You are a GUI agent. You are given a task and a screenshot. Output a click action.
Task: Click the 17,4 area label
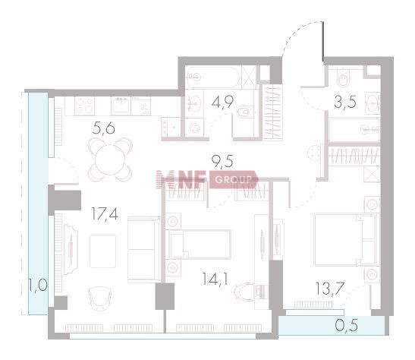105,214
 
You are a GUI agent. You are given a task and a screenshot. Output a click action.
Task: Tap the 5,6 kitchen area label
104,129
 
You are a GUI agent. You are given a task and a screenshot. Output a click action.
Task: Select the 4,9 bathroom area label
222,102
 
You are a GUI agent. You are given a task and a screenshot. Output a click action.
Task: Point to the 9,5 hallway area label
222,161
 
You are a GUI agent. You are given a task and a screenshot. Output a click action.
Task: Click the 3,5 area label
345,102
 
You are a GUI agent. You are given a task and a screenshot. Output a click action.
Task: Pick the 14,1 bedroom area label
215,279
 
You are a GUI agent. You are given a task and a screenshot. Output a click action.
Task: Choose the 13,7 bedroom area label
330,288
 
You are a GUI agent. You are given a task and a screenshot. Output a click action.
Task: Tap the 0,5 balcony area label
347,325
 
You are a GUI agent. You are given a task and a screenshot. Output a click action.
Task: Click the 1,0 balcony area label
38,285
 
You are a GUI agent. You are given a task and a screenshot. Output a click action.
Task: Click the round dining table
110,159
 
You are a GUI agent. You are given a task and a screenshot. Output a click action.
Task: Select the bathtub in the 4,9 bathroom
212,77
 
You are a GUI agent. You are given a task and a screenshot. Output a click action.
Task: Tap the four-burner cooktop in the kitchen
84,106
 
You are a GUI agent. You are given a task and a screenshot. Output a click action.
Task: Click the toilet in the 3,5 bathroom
344,77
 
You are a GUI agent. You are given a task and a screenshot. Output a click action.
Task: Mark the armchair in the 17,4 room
99,298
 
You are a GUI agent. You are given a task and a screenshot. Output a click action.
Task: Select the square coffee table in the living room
102,251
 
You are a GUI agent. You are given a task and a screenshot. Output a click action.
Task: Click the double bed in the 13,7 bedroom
346,240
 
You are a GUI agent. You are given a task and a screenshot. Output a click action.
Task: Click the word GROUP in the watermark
233,180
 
